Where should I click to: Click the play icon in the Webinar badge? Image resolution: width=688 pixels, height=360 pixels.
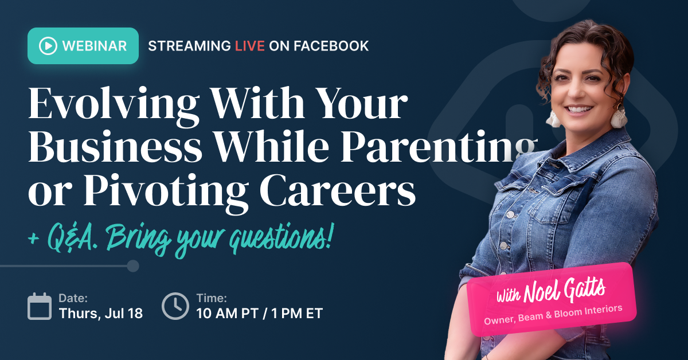pos(48,46)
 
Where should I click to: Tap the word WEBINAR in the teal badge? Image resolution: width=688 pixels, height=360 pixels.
pos(94,46)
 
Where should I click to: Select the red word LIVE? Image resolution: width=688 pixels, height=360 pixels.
pos(250,46)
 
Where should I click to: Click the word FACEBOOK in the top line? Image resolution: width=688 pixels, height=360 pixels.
pos(331,46)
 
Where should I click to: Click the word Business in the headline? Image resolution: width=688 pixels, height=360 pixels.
pos(115,146)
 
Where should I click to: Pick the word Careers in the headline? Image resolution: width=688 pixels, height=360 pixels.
pos(338,190)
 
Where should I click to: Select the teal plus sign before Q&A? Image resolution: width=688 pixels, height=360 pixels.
pos(34,239)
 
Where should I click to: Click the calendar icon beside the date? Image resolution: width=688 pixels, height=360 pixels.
pos(40,306)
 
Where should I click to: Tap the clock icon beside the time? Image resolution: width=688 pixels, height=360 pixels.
pos(175,306)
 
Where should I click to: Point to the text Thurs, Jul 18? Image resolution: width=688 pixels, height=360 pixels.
pos(101,314)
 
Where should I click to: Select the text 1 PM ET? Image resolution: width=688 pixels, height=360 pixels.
pos(297,314)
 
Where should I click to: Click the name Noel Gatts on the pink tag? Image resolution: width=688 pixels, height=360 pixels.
pos(564,290)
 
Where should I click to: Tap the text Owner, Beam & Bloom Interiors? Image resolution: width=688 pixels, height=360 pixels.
pos(553,315)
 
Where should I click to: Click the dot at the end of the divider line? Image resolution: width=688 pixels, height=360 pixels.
pos(133,266)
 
